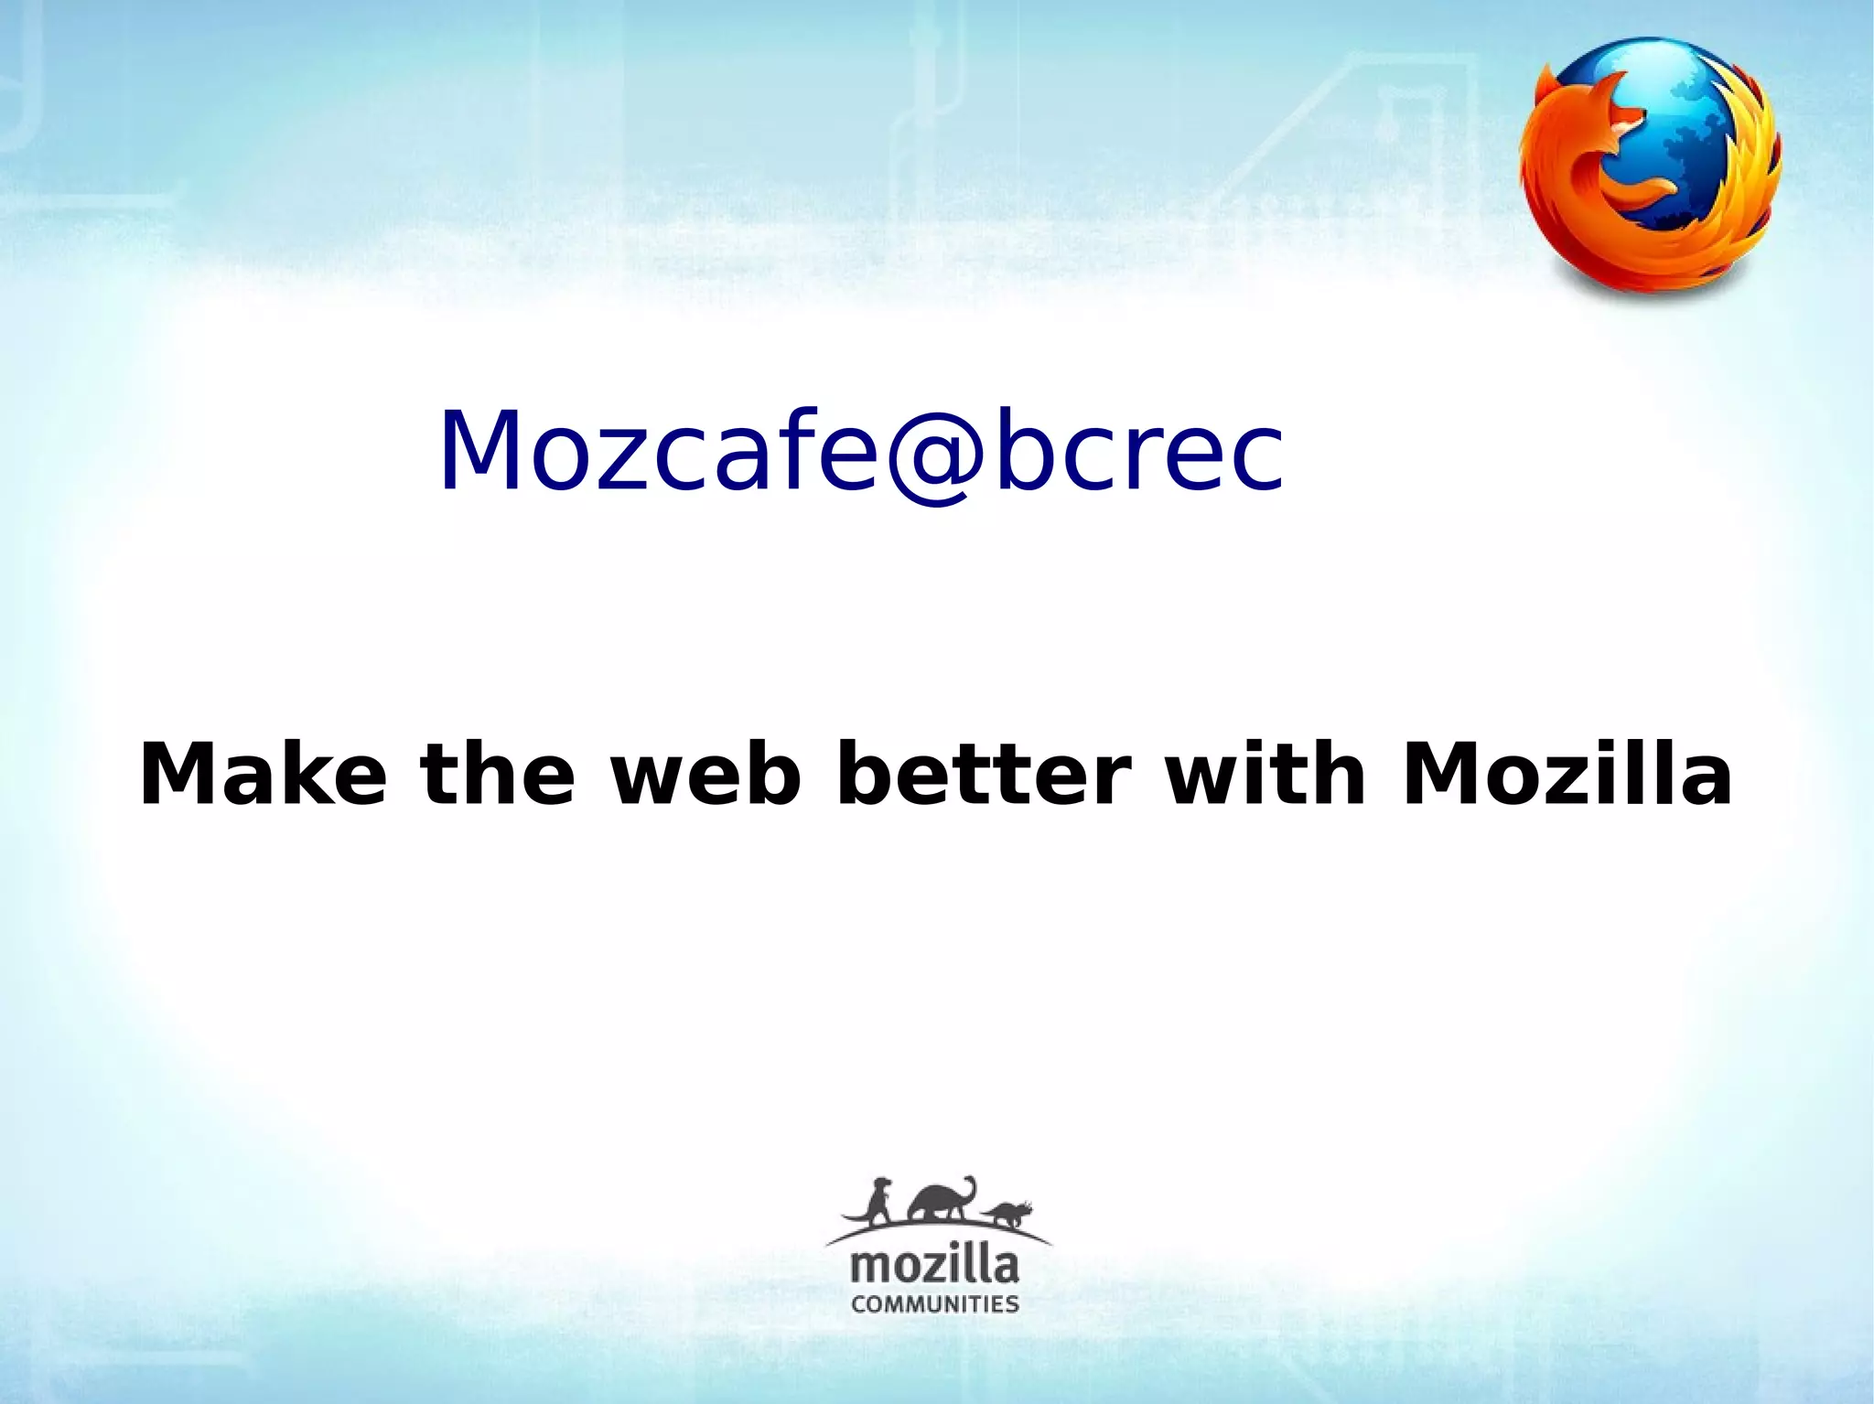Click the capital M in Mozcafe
click(481, 450)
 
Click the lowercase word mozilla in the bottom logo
click(934, 1267)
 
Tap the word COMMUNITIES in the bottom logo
click(934, 1303)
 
